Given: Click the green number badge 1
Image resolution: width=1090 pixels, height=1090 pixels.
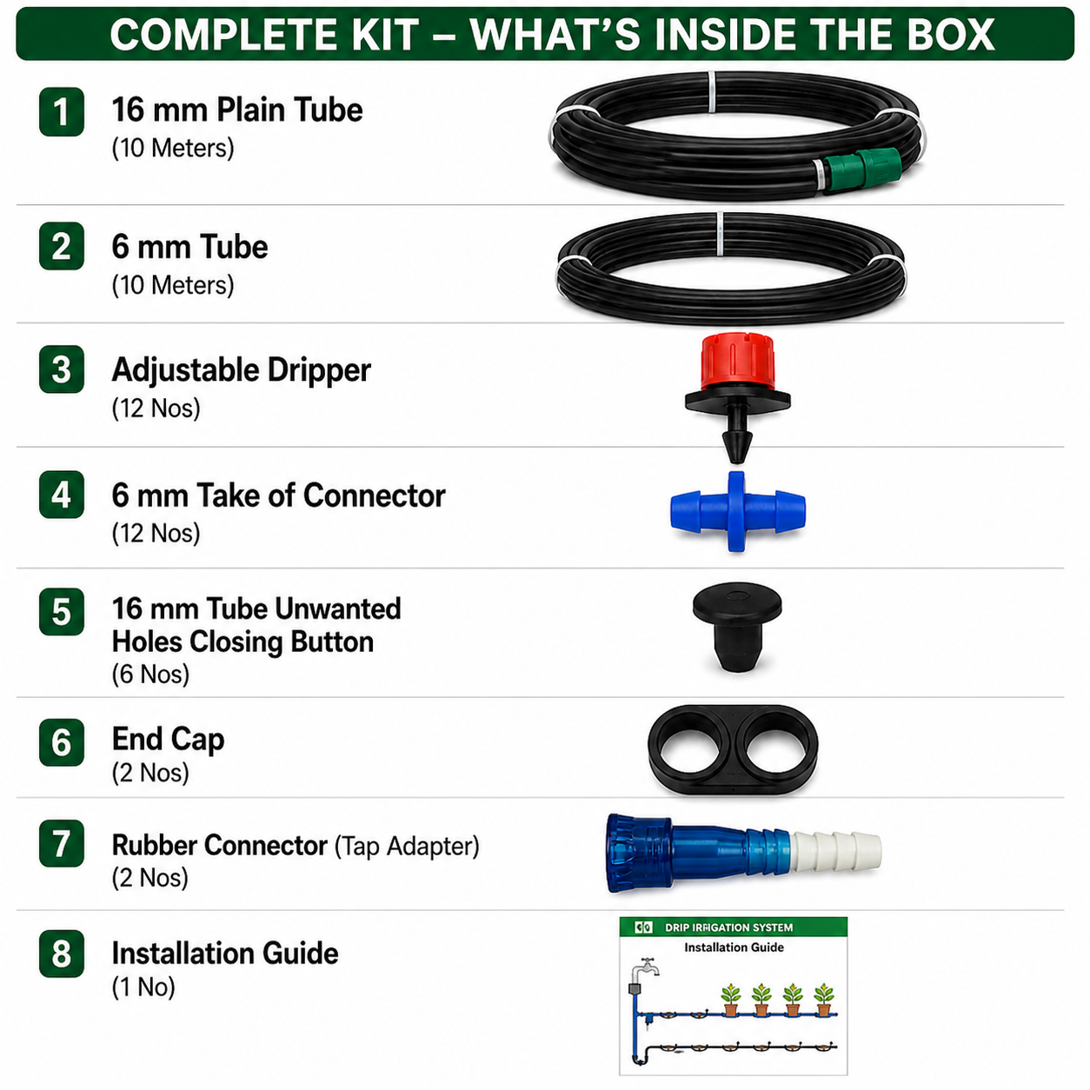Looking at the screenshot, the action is (62, 111).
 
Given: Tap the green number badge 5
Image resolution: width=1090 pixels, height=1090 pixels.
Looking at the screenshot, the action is (62, 611).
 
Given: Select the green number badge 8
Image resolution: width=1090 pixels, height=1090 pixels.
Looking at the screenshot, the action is (62, 954).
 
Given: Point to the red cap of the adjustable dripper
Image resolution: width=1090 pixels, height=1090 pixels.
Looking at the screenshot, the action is (738, 362).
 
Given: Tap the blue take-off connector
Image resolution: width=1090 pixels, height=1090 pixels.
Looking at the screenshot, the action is (737, 511).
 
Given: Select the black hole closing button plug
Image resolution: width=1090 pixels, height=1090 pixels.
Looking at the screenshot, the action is (737, 628).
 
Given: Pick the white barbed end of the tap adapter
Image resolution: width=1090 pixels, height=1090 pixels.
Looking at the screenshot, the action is (836, 851).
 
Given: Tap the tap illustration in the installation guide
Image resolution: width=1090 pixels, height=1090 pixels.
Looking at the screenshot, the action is (647, 967).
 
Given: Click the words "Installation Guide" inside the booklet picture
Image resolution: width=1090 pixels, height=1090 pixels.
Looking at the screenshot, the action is (734, 947).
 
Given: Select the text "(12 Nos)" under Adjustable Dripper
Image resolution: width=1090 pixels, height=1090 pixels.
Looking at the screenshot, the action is (156, 409).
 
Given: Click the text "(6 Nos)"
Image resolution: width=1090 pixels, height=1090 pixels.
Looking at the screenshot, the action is (150, 674).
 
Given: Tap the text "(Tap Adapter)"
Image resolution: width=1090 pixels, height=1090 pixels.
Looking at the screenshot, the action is (407, 847).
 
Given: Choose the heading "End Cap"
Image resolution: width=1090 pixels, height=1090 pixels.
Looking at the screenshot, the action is (168, 740).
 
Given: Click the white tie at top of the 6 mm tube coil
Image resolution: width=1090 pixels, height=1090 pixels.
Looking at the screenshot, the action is (720, 234).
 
